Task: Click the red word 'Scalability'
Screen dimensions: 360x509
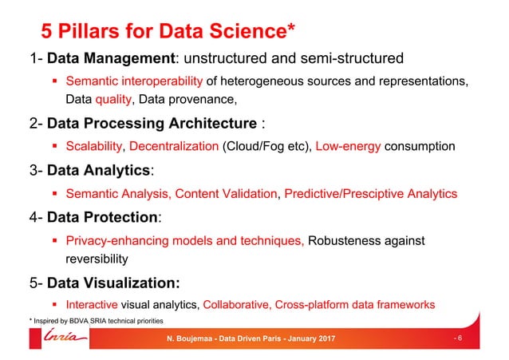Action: point(94,146)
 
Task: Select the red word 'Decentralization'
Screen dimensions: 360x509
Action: point(173,146)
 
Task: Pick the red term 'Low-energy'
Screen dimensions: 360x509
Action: point(345,146)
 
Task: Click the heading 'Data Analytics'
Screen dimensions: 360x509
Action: point(98,170)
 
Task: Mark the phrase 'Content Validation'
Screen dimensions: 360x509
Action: point(226,193)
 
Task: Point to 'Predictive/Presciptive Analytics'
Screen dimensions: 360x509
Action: point(370,193)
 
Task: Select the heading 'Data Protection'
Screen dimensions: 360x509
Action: point(103,217)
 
